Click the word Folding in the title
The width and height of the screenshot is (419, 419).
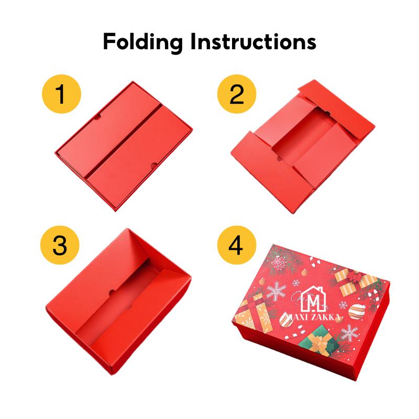(143, 42)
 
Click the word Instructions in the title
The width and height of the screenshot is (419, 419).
(253, 41)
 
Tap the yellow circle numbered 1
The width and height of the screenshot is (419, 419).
(61, 94)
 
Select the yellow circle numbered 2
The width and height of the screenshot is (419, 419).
(237, 94)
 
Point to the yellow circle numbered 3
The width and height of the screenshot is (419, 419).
(60, 245)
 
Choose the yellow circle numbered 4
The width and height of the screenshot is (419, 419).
(237, 245)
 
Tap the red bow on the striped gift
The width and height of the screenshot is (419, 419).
(355, 277)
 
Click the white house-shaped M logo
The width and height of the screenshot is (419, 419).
(313, 299)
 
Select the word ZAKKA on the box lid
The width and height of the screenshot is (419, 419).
(327, 317)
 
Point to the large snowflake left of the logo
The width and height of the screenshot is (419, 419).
(277, 291)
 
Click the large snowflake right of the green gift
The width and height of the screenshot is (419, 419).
(349, 333)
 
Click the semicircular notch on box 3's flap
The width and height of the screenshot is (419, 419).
(112, 292)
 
